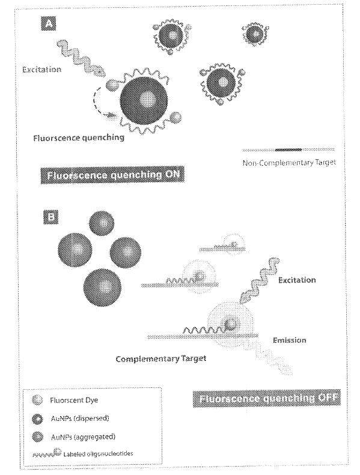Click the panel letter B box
(50, 216)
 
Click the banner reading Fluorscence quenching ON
(112, 176)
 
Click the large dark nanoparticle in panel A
(144, 97)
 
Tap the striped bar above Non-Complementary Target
(287, 149)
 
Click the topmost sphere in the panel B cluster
(102, 225)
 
